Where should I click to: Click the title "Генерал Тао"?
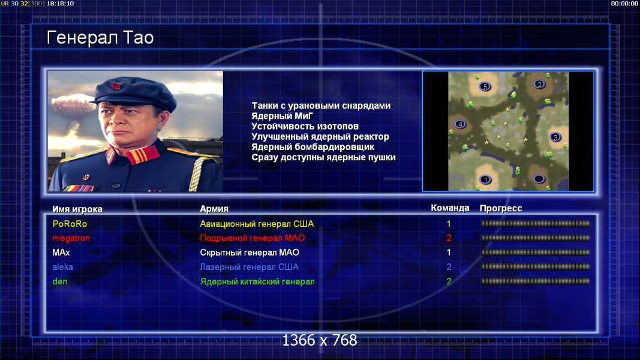(x=100, y=38)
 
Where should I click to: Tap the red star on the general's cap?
(x=115, y=86)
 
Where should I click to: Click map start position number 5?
(x=485, y=86)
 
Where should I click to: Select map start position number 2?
(x=540, y=85)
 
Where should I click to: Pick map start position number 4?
(x=460, y=124)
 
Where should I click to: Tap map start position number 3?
(x=555, y=137)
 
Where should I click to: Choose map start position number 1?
(x=485, y=179)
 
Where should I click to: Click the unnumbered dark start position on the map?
(x=539, y=179)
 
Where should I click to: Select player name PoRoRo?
(x=70, y=224)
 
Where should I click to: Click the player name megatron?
(x=71, y=238)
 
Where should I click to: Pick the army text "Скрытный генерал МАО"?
(x=250, y=253)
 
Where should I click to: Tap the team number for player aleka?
(x=449, y=267)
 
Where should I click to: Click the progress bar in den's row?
(x=535, y=281)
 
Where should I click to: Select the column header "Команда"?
(x=450, y=208)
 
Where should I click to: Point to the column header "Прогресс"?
(x=500, y=209)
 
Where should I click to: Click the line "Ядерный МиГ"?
(x=282, y=116)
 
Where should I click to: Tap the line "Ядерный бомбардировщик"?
(x=313, y=147)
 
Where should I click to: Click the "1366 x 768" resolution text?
(x=320, y=340)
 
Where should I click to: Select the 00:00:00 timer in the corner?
(x=624, y=4)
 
